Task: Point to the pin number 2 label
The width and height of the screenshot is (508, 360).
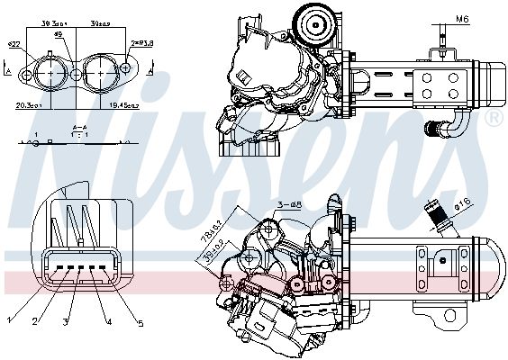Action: click(36, 319)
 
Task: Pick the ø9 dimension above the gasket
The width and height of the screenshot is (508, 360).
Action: click(59, 36)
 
